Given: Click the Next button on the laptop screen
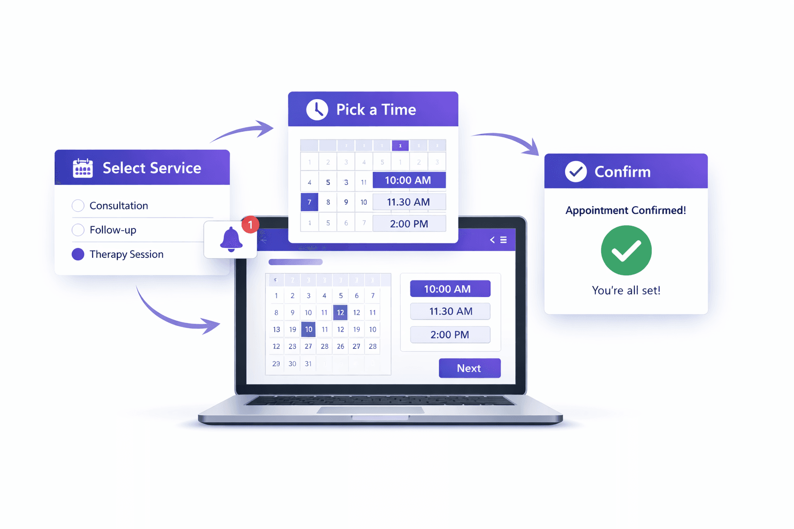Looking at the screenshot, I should pyautogui.click(x=469, y=368).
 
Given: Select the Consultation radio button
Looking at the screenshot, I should pyautogui.click(x=78, y=206).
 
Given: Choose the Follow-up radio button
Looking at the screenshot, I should pyautogui.click(x=78, y=230).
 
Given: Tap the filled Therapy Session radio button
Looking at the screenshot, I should pyautogui.click(x=78, y=254).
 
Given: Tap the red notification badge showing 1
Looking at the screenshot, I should pyautogui.click(x=250, y=225).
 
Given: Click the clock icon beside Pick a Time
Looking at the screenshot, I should pyautogui.click(x=317, y=110).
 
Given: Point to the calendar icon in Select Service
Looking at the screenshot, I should pyautogui.click(x=83, y=168).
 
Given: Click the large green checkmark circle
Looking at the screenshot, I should pyautogui.click(x=626, y=251).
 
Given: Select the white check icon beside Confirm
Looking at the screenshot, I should pyautogui.click(x=575, y=172).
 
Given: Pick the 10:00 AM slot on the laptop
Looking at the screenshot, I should pyautogui.click(x=450, y=289).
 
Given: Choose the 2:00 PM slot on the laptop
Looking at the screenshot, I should pyautogui.click(x=450, y=335).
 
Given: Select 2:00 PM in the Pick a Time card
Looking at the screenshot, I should pyautogui.click(x=409, y=224).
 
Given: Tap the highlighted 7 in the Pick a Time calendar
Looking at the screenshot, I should pyautogui.click(x=309, y=202).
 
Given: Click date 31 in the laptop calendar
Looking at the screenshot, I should pyautogui.click(x=308, y=364).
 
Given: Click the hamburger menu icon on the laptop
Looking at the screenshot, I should pyautogui.click(x=503, y=240).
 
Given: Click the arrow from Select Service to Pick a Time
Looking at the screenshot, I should pyautogui.click(x=243, y=132).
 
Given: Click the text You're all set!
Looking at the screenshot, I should pyautogui.click(x=626, y=290).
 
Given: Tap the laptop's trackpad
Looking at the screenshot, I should pyautogui.click(x=371, y=411).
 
